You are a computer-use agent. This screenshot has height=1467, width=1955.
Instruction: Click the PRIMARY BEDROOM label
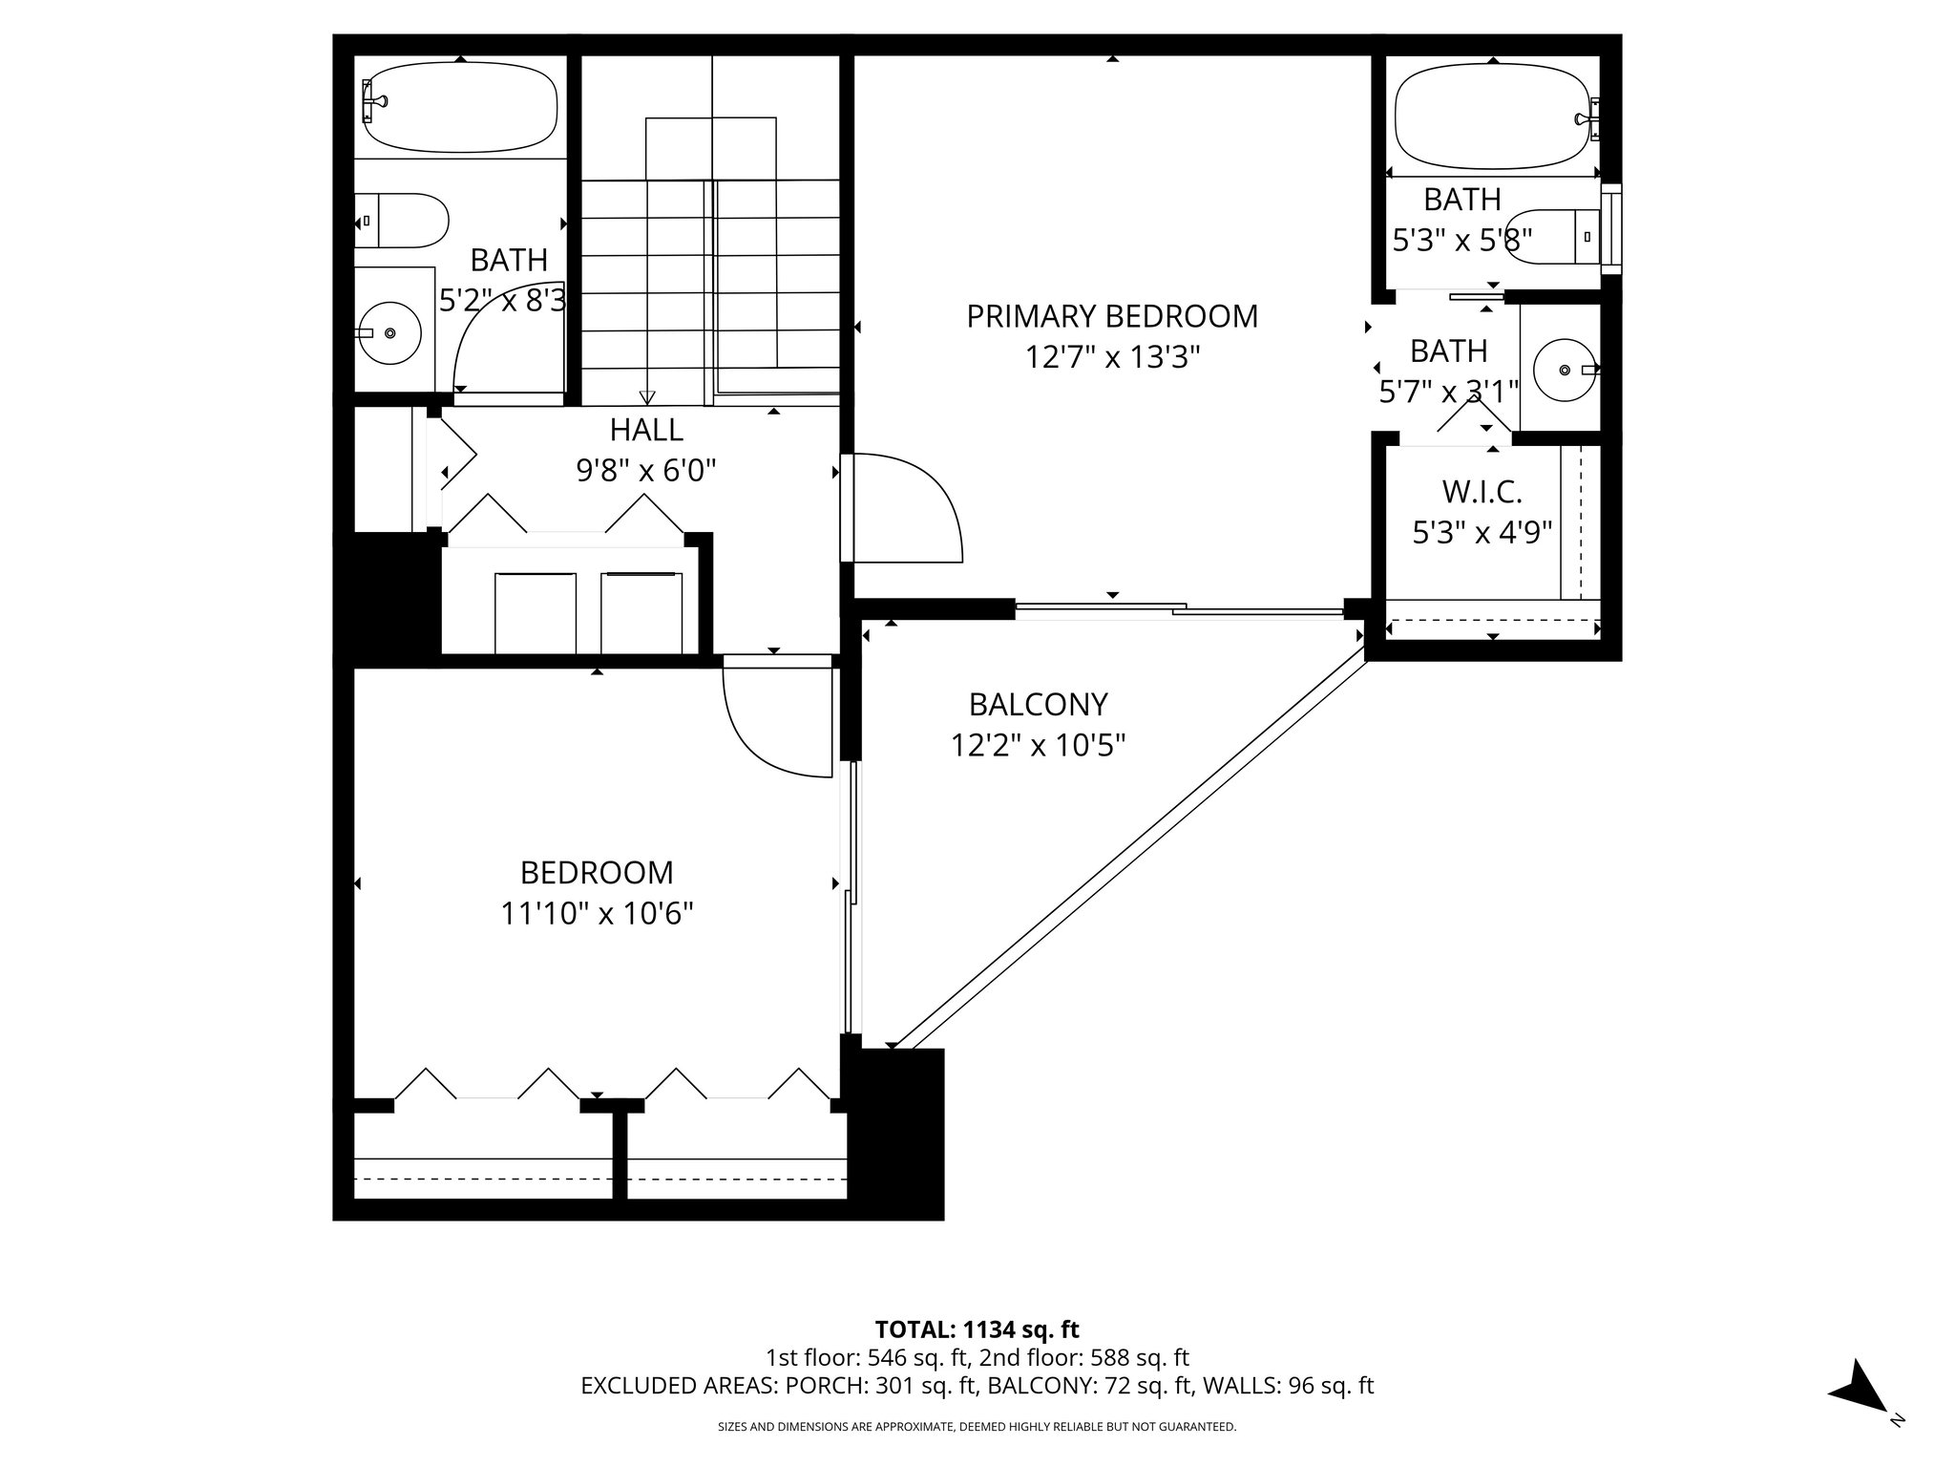[1112, 316]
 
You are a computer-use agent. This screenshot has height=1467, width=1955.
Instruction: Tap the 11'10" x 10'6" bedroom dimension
[597, 914]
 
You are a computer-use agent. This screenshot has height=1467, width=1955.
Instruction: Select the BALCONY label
[1038, 705]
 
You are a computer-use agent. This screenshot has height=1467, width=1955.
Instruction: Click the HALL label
[646, 430]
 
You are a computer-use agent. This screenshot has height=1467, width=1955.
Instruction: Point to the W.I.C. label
[1482, 493]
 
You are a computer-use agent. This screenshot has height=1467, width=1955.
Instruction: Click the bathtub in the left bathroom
[460, 107]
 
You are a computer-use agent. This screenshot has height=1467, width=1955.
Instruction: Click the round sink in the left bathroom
[389, 333]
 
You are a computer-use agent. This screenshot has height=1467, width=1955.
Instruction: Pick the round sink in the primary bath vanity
[1564, 369]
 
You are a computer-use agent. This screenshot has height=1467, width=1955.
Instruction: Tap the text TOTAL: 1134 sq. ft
[977, 1329]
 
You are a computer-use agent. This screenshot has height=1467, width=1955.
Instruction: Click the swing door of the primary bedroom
[907, 511]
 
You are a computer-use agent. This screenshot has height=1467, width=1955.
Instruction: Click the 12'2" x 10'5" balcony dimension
[1038, 745]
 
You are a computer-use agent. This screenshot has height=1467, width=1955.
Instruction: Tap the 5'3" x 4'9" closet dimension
[1482, 532]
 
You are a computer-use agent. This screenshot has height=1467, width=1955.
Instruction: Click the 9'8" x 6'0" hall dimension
[646, 471]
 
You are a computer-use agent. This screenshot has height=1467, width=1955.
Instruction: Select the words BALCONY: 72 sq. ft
[1090, 1386]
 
